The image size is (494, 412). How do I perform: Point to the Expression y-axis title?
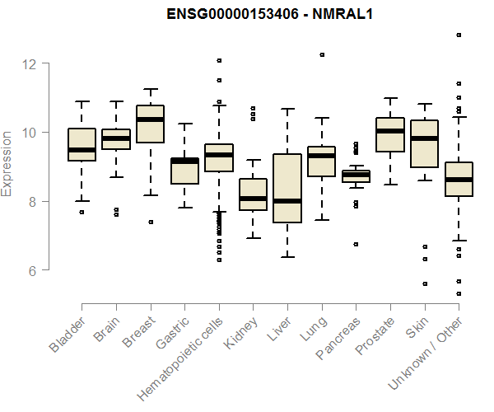[x=7, y=162]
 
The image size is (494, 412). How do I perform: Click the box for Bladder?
[x=82, y=144]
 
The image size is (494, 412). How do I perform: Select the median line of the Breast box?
[x=150, y=119]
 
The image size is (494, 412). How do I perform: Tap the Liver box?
[x=287, y=188]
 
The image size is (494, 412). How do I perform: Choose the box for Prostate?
[x=390, y=134]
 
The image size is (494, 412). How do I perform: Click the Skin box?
[x=424, y=143]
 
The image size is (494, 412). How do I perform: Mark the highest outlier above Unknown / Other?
[x=459, y=35]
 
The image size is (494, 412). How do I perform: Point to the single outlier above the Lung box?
[x=322, y=54]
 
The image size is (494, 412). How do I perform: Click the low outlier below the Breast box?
[x=151, y=222]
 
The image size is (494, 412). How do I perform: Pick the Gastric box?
[x=184, y=171]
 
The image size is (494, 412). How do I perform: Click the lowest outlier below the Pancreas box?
[x=356, y=244]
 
